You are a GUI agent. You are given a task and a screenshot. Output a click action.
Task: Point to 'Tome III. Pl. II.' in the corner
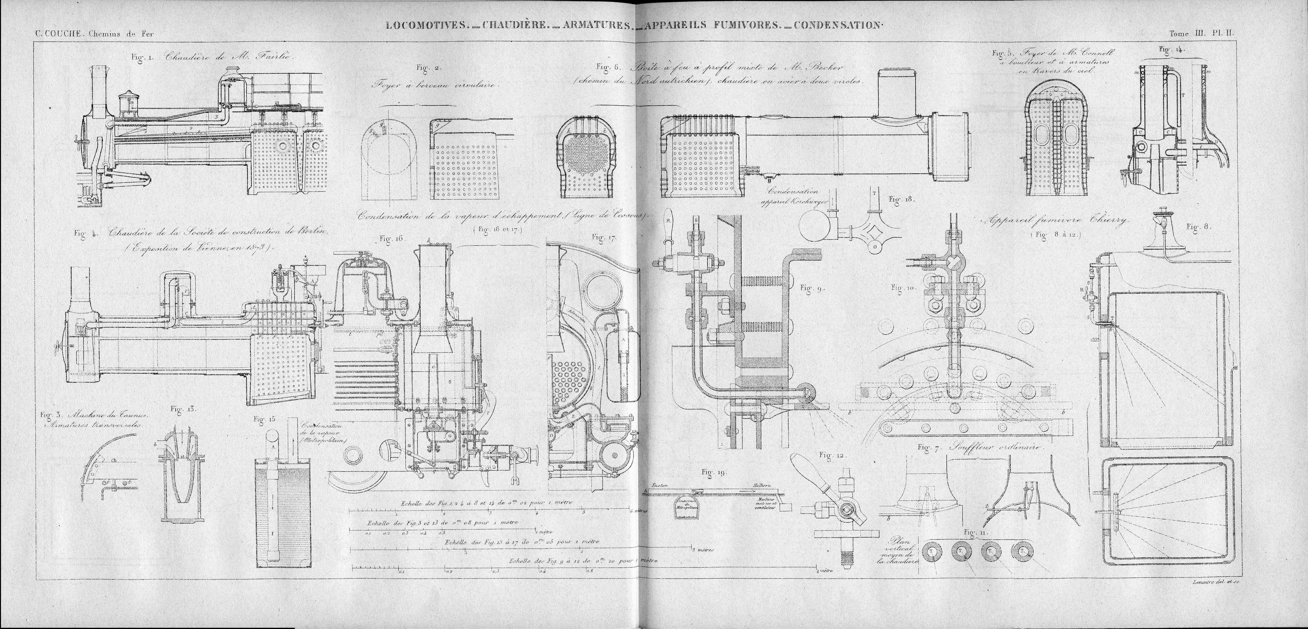click(1202, 34)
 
